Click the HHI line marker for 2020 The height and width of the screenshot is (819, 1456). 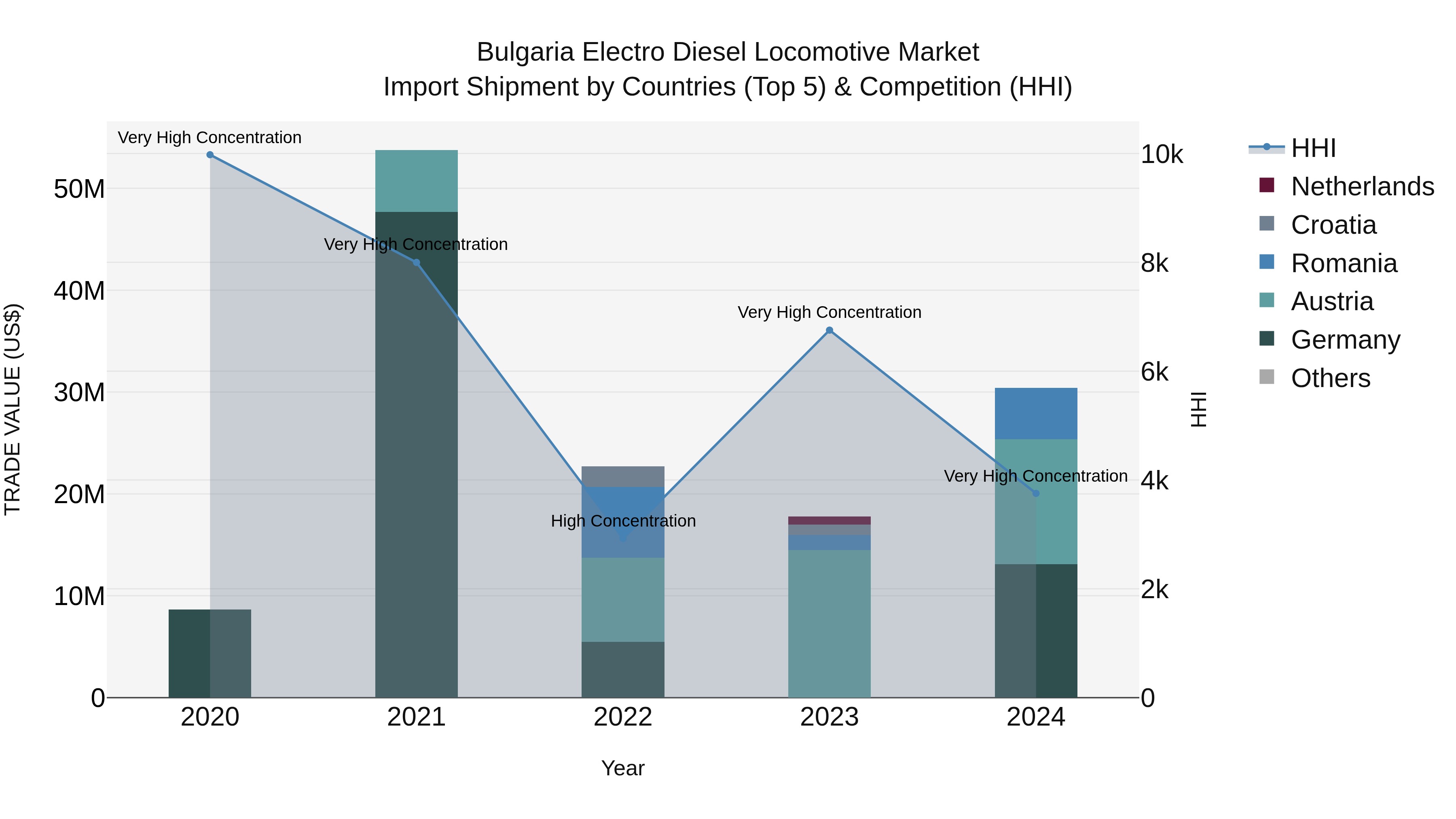pyautogui.click(x=210, y=155)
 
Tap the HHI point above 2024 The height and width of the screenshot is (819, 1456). pyautogui.click(x=1035, y=493)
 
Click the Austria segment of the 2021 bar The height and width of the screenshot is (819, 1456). pyautogui.click(x=416, y=181)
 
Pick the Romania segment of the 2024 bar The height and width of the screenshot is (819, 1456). pyautogui.click(x=1035, y=413)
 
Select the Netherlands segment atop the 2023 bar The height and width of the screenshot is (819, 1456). pyautogui.click(x=829, y=521)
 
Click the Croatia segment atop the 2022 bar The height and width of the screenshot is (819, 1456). pyautogui.click(x=623, y=476)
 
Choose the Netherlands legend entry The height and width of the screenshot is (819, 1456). pyautogui.click(x=1362, y=186)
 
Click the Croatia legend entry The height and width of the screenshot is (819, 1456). pyautogui.click(x=1333, y=225)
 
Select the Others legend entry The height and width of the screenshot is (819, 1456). pyautogui.click(x=1331, y=378)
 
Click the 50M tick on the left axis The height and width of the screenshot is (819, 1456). pyautogui.click(x=79, y=189)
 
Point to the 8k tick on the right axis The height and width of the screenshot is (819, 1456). pyautogui.click(x=1154, y=263)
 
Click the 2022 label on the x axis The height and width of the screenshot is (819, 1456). pyautogui.click(x=623, y=717)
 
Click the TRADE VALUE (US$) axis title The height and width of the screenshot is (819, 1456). pyautogui.click(x=13, y=409)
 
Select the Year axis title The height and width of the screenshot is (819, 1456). pyautogui.click(x=622, y=768)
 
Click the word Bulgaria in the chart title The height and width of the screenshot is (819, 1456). pyautogui.click(x=524, y=52)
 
